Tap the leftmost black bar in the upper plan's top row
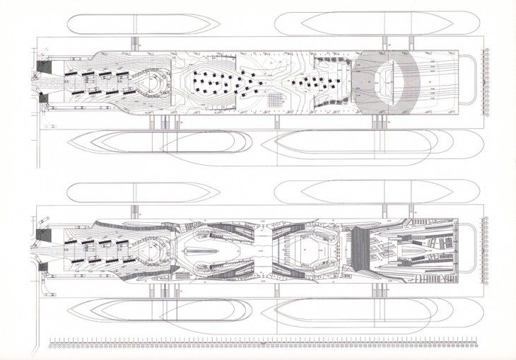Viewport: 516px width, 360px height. coord(71,73)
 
